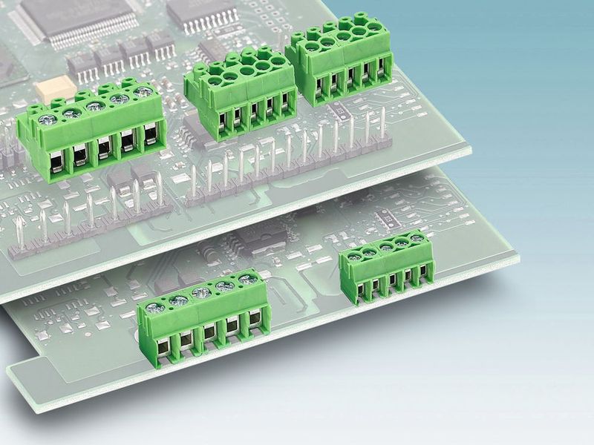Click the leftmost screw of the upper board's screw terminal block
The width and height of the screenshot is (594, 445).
tap(48, 119)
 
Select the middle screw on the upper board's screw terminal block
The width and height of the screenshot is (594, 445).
tap(94, 107)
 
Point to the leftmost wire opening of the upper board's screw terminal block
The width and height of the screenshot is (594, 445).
tap(57, 159)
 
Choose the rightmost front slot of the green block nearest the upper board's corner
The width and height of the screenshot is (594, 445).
tap(383, 71)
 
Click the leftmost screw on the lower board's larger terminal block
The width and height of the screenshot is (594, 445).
tap(154, 308)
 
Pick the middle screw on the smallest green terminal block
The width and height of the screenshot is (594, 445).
tap(386, 246)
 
